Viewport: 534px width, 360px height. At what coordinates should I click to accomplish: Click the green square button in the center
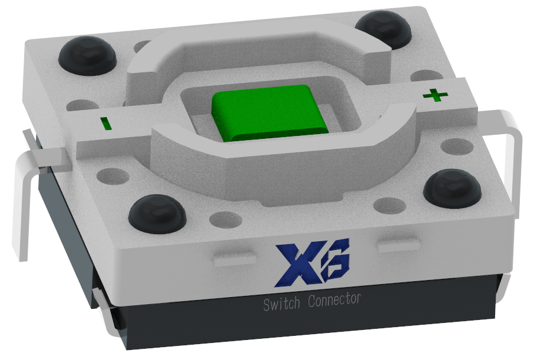(270, 111)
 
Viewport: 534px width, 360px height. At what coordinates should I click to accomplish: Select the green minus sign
(105, 124)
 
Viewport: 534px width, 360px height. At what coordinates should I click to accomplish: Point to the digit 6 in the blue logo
(335, 259)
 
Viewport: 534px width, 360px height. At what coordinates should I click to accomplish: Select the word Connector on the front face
(334, 299)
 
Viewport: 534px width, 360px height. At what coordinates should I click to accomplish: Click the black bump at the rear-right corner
(384, 28)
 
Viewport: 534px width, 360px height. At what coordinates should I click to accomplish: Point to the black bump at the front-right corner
(453, 186)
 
